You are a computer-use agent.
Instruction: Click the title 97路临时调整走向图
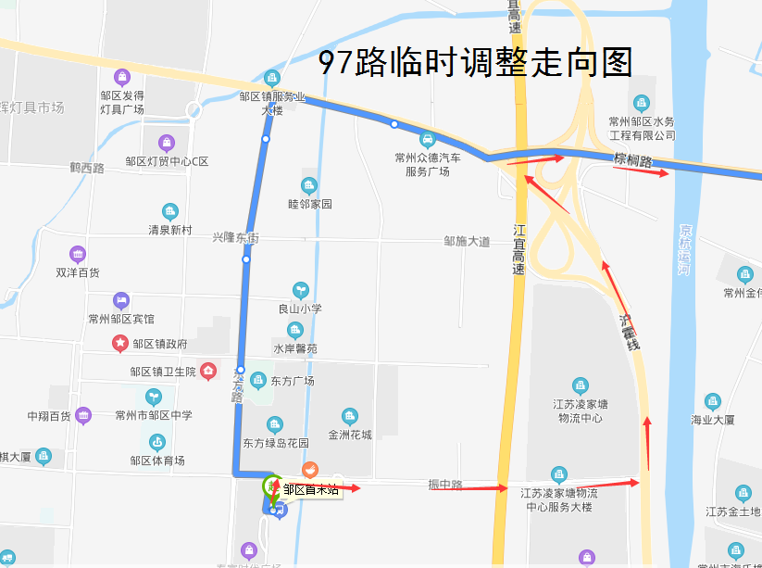tap(475, 62)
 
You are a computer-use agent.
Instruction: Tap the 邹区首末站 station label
tap(312, 490)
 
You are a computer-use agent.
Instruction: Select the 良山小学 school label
tap(299, 309)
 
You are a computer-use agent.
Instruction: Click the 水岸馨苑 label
tap(294, 349)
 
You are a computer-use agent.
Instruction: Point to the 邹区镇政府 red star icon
tap(120, 344)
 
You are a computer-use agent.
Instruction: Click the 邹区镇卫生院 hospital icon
tap(208, 372)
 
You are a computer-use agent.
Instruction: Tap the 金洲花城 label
tap(349, 435)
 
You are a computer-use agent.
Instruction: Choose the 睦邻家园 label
tap(309, 204)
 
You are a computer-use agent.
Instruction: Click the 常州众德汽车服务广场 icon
tap(427, 140)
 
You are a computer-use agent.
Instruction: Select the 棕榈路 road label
tap(633, 160)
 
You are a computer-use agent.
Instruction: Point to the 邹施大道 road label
tap(467, 242)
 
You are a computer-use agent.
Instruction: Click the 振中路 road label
tap(445, 485)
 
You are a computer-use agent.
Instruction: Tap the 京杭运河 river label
tap(685, 248)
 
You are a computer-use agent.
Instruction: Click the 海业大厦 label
tap(712, 420)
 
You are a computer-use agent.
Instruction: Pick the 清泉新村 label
tap(169, 230)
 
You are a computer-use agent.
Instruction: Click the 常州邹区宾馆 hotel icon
tap(120, 300)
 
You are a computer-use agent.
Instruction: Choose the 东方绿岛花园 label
tap(276, 443)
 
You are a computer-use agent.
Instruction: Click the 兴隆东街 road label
tap(235, 238)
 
